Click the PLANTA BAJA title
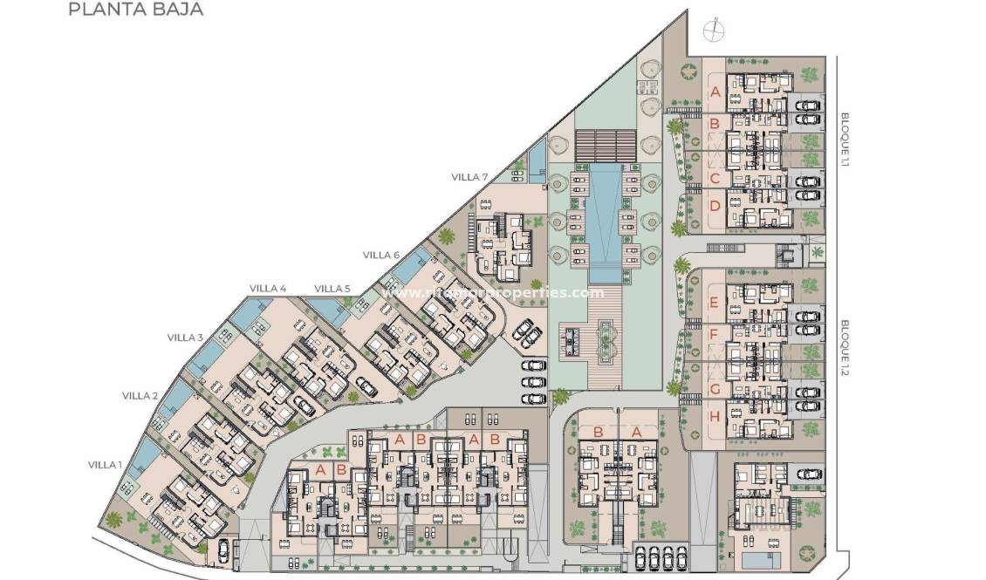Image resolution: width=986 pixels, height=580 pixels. [135, 10]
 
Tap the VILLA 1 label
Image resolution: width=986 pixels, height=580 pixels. [105, 465]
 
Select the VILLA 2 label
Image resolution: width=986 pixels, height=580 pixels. [140, 396]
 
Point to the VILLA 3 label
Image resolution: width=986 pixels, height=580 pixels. [185, 338]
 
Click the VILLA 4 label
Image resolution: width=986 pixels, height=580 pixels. [267, 289]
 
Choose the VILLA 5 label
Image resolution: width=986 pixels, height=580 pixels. [332, 289]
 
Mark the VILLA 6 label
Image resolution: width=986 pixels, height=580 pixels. [381, 255]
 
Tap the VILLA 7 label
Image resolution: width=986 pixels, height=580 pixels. [469, 177]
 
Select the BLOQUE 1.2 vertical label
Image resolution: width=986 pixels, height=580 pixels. [845, 346]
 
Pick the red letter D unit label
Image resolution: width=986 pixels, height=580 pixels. [715, 207]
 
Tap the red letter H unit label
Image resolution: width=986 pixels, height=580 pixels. [715, 416]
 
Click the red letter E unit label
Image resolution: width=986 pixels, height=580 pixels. [714, 304]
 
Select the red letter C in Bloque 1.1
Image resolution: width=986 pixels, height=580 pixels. [715, 179]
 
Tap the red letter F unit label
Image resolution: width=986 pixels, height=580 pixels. [714, 334]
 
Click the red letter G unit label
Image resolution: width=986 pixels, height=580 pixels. [715, 389]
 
